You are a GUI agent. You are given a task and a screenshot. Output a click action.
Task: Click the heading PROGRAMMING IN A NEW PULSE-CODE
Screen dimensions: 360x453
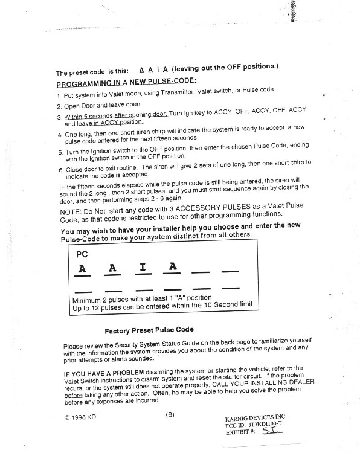pyautogui.click(x=127, y=82)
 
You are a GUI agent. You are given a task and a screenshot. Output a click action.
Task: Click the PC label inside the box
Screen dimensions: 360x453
pyautogui.click(x=82, y=254)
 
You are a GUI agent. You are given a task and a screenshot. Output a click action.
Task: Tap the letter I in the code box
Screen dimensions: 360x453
pyautogui.click(x=143, y=267)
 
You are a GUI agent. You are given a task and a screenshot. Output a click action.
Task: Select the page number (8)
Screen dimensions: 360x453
pyautogui.click(x=170, y=414)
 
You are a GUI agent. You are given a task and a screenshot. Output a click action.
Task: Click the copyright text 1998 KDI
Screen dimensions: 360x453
pyautogui.click(x=81, y=417)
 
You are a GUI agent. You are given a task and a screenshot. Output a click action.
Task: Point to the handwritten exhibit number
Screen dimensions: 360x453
pyautogui.click(x=269, y=431)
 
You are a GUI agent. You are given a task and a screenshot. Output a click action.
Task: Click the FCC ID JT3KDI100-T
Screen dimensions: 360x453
pyautogui.click(x=253, y=425)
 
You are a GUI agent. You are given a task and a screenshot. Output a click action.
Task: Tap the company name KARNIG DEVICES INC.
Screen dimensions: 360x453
pyautogui.click(x=256, y=418)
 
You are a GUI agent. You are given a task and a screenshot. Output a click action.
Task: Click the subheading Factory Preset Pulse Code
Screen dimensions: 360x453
pyautogui.click(x=149, y=330)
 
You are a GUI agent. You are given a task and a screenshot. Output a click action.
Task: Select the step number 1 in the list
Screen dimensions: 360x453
pyautogui.click(x=59, y=96)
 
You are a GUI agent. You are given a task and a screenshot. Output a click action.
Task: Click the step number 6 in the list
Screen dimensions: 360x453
pyautogui.click(x=60, y=170)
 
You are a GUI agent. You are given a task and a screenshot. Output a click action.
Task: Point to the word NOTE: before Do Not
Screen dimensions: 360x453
pyautogui.click(x=71, y=213)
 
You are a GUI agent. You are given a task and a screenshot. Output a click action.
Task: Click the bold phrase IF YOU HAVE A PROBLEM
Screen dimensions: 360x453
pyautogui.click(x=104, y=373)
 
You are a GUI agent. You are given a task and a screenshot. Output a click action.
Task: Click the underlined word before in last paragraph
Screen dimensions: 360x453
pyautogui.click(x=73, y=395)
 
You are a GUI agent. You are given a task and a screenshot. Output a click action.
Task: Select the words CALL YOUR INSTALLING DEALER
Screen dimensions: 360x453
pyautogui.click(x=263, y=384)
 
